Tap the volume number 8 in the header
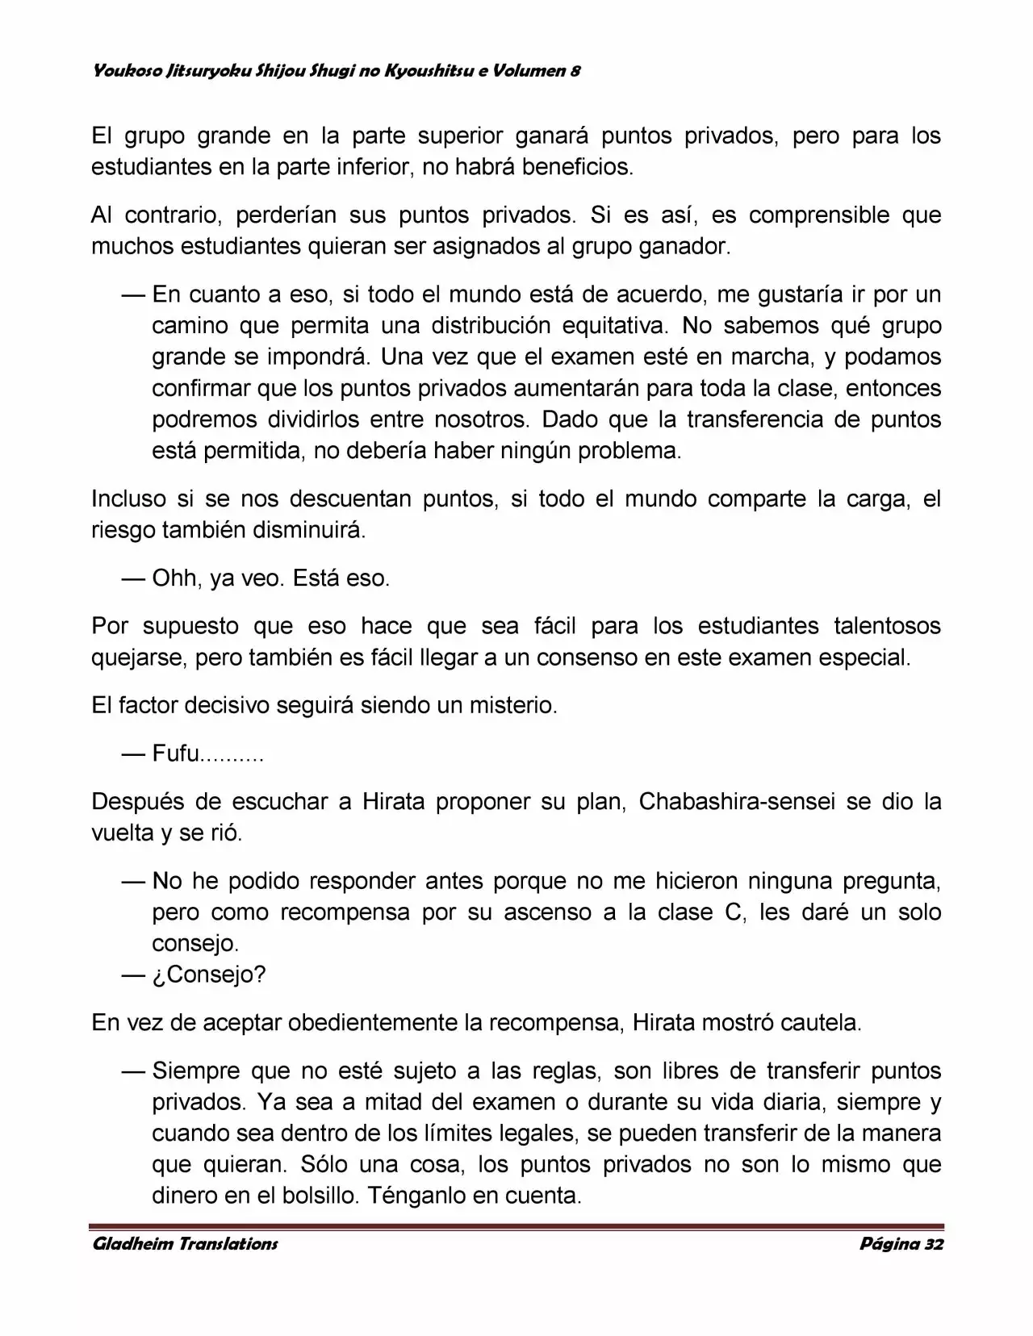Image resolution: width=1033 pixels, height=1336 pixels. (x=575, y=71)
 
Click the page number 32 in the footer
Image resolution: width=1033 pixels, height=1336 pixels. (x=934, y=1243)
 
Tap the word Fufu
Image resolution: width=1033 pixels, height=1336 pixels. (x=175, y=754)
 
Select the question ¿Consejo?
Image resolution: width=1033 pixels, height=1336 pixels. (x=209, y=975)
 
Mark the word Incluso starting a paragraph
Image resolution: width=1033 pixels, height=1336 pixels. (x=129, y=499)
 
